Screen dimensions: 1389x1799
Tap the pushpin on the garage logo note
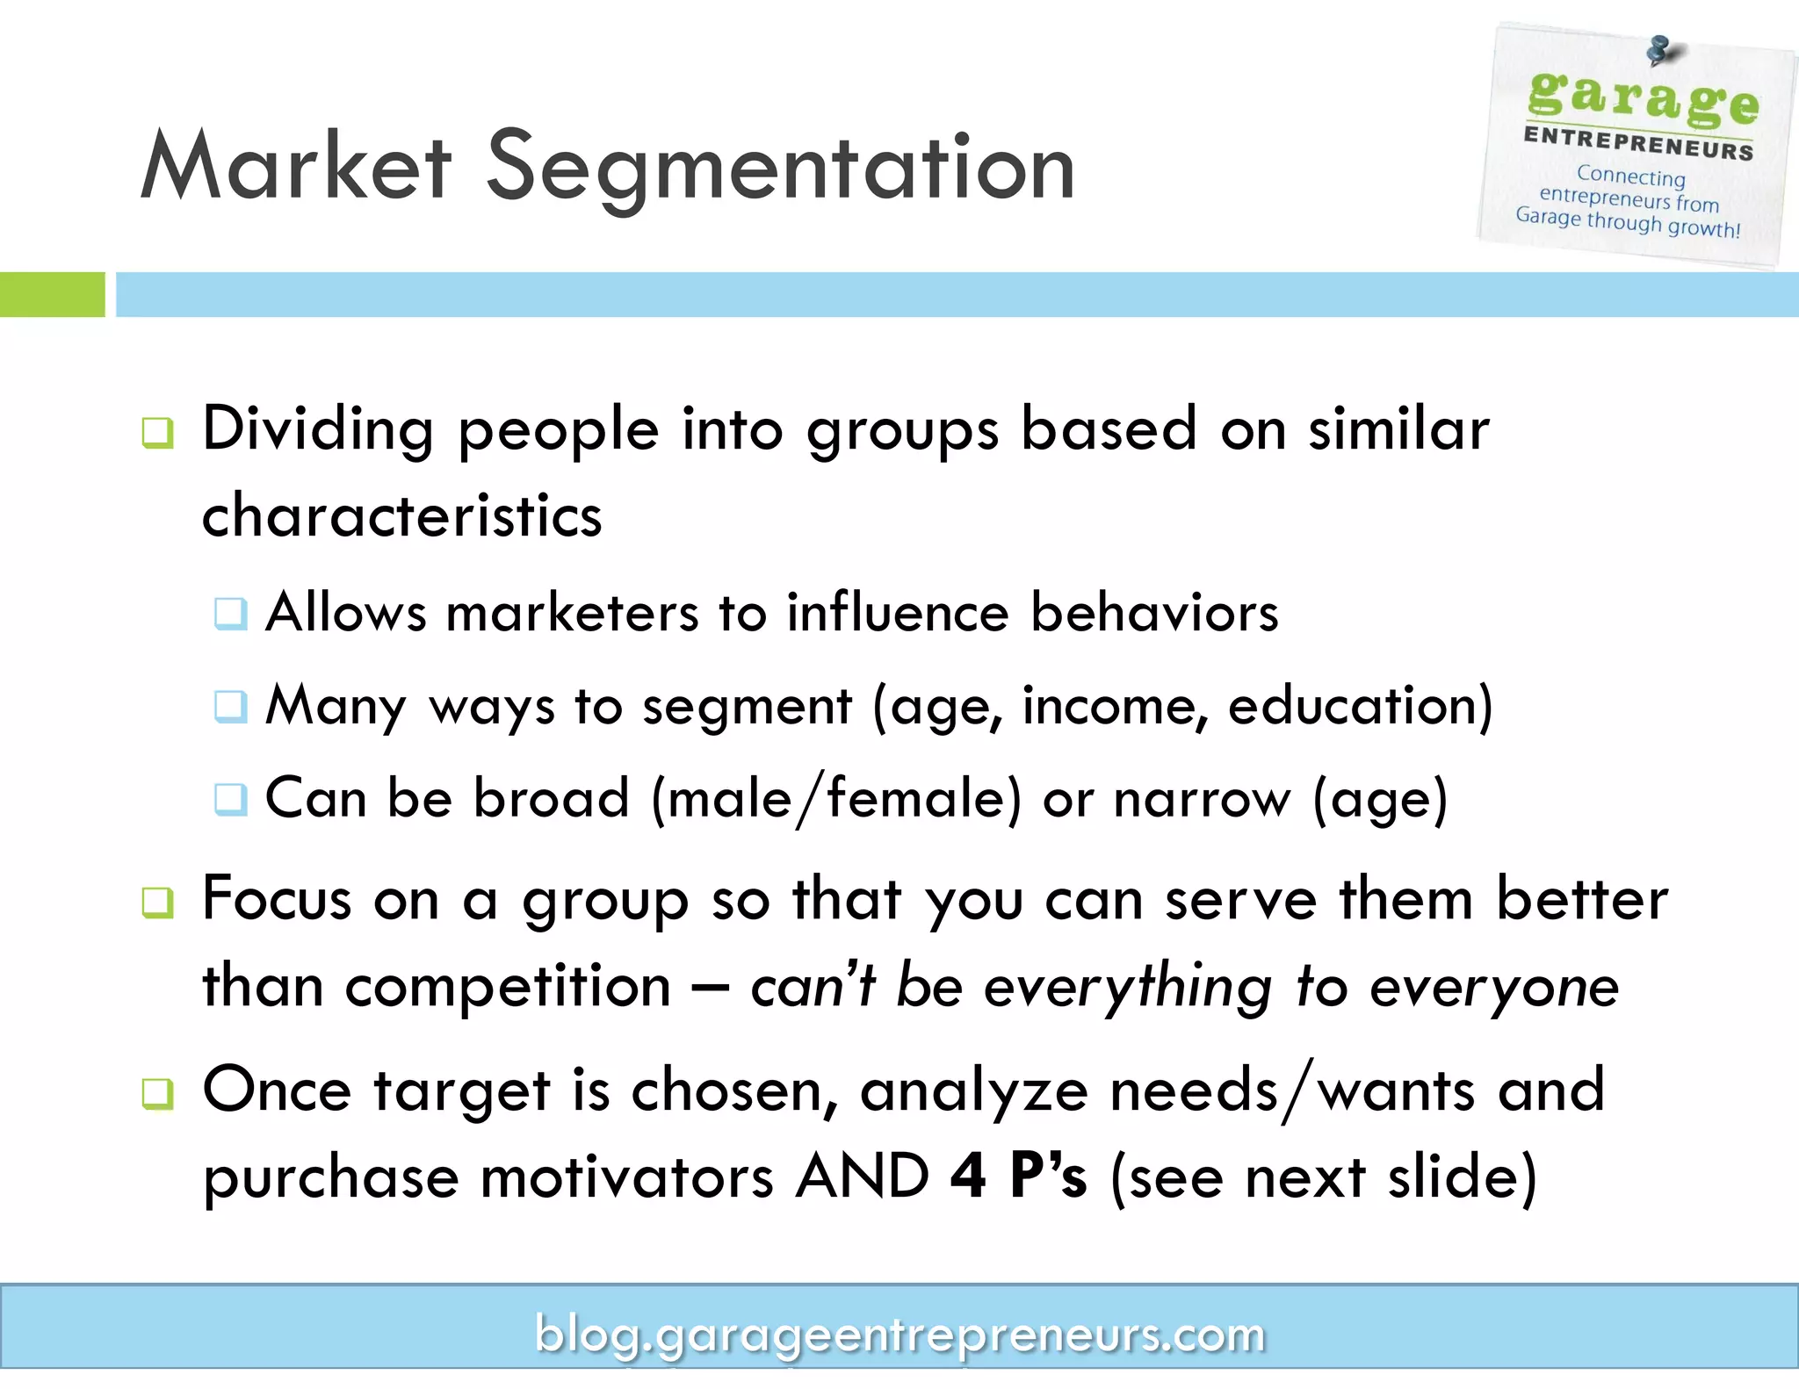point(1659,50)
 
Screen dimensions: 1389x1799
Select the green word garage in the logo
point(1643,98)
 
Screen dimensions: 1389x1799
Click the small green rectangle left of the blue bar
point(52,294)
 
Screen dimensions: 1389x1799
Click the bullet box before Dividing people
point(158,433)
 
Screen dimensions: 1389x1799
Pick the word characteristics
point(402,515)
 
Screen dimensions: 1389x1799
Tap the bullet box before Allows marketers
point(231,613)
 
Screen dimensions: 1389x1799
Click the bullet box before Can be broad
point(231,799)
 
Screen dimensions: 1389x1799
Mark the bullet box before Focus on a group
point(158,903)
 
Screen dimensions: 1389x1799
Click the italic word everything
point(1128,987)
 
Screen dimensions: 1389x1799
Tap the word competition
point(508,987)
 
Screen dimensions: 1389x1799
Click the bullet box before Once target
point(158,1094)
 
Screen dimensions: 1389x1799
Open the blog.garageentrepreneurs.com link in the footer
point(899,1335)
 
